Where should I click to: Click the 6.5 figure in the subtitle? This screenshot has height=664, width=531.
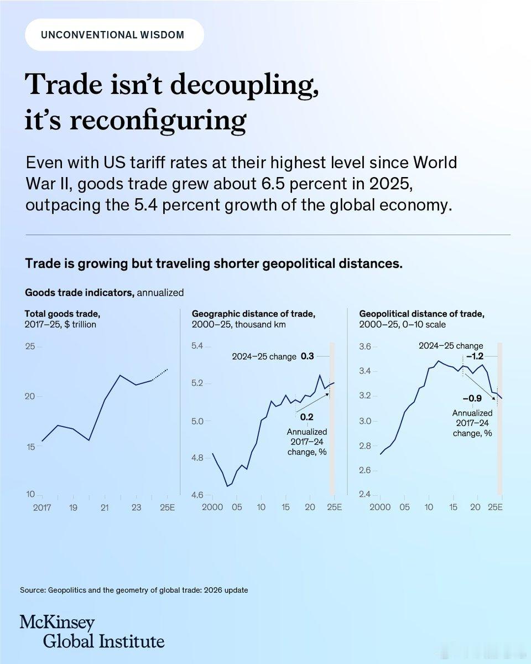[273, 184]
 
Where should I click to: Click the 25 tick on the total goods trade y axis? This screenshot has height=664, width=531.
[30, 346]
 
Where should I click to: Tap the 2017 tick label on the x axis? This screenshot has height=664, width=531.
[42, 507]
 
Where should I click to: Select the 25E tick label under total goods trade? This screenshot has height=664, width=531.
[167, 507]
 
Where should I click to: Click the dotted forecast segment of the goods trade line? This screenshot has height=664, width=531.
[160, 375]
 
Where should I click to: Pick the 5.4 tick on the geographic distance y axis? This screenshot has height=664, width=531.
[197, 346]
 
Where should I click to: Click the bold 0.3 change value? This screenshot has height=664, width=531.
[308, 356]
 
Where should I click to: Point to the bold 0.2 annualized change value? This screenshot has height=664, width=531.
[306, 417]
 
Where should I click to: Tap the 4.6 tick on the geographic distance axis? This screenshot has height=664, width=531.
[197, 495]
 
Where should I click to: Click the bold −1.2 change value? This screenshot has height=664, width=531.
[475, 356]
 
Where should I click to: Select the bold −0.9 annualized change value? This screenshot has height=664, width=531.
[472, 398]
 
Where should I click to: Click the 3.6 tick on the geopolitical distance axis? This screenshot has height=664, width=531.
[365, 346]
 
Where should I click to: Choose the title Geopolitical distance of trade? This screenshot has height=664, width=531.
[422, 314]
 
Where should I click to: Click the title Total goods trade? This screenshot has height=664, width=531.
[63, 314]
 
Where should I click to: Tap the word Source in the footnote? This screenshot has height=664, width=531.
[33, 590]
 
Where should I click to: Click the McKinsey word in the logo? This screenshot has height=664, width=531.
[58, 622]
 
